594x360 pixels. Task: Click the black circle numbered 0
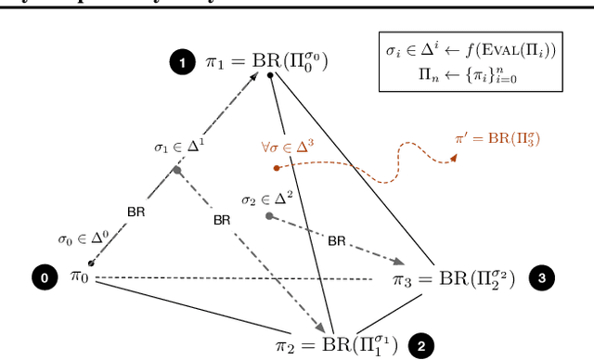[x=43, y=276]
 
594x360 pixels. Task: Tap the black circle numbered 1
[x=182, y=63]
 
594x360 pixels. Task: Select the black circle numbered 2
[x=421, y=345]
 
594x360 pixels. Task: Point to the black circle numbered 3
[x=542, y=276]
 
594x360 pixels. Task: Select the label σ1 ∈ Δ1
[x=179, y=147]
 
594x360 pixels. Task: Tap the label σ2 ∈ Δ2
[x=269, y=199]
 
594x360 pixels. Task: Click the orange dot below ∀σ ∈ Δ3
[x=277, y=168]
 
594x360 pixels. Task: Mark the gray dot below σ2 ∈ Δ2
[x=269, y=216]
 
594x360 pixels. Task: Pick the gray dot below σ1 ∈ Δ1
[x=177, y=170]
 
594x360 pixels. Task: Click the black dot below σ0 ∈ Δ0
[x=91, y=264]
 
